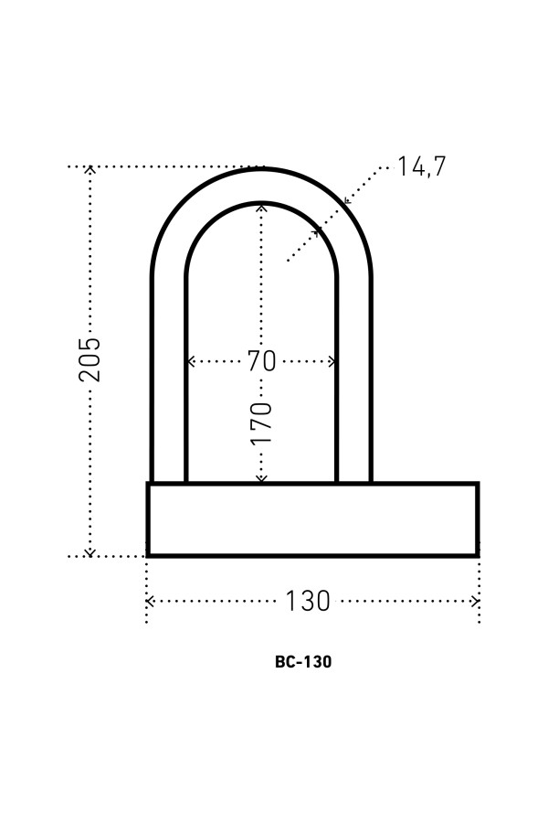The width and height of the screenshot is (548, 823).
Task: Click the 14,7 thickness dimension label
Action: click(x=421, y=166)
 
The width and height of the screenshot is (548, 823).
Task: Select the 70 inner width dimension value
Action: click(x=261, y=361)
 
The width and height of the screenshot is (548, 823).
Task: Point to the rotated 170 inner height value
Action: click(x=261, y=422)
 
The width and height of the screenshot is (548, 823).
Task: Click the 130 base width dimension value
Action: click(x=307, y=602)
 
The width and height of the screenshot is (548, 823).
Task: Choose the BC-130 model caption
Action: click(x=302, y=662)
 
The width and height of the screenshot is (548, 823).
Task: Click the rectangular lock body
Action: click(x=312, y=519)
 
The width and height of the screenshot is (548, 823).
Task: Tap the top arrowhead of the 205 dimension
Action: click(x=90, y=169)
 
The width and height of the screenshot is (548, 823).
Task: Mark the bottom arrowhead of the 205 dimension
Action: click(x=90, y=552)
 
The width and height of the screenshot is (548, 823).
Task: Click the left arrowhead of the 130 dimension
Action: click(x=150, y=602)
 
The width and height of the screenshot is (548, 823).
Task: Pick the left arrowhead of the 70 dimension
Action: click(x=190, y=361)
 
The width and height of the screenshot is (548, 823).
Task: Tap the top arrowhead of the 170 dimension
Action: click(x=261, y=207)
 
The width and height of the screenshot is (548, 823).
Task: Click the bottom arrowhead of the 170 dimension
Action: click(x=261, y=478)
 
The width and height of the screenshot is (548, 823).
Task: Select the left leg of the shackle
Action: click(x=169, y=384)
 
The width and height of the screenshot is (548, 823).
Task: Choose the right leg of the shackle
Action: click(x=353, y=384)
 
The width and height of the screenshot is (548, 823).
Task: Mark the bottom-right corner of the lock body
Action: click(x=477, y=554)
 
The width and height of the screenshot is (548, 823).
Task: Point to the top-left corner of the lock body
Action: click(x=149, y=484)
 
